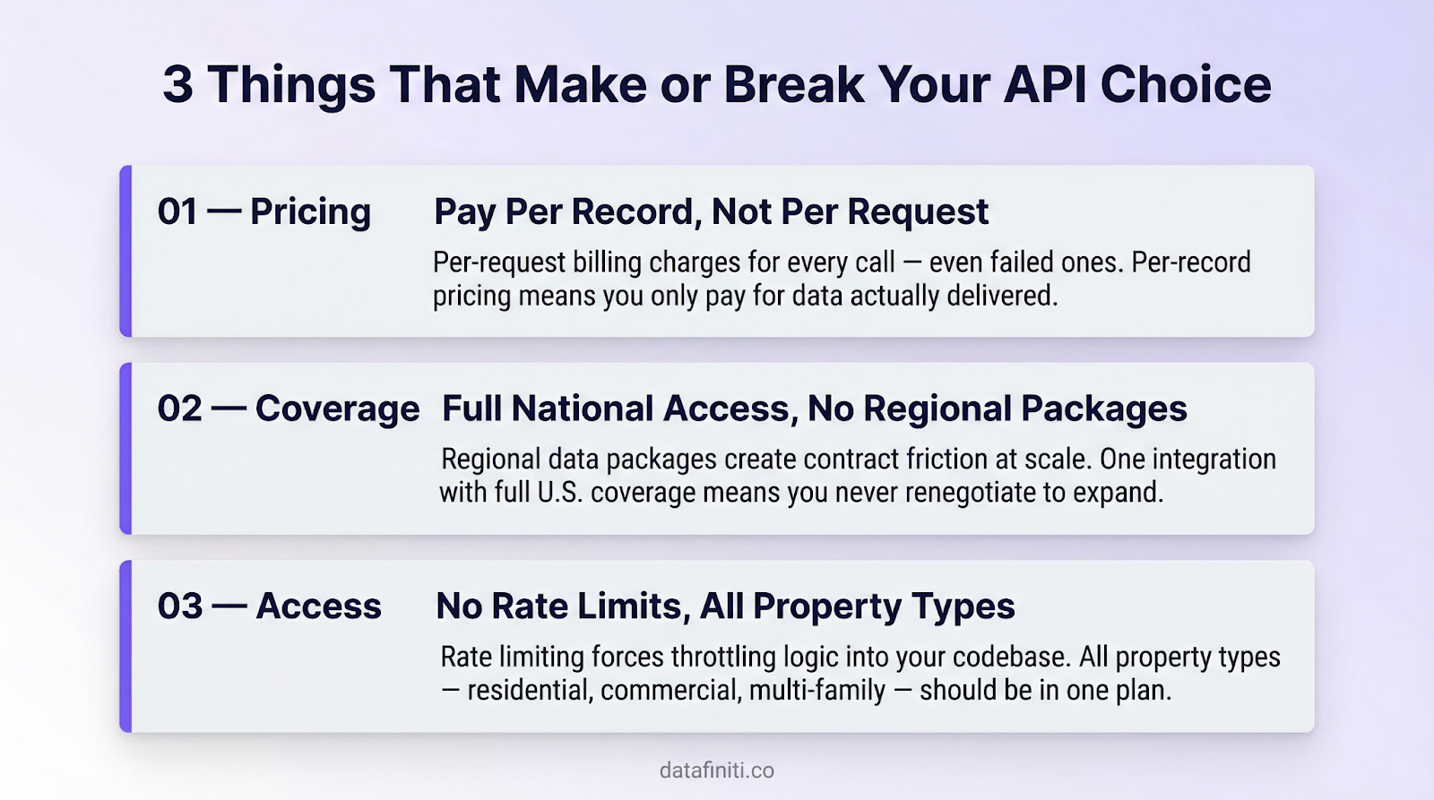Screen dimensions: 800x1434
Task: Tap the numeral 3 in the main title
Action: [177, 85]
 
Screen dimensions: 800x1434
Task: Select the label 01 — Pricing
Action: [264, 212]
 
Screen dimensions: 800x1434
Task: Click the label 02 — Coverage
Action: [289, 409]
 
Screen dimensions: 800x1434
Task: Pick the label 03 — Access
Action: [270, 606]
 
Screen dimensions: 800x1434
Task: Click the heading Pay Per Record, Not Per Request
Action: [711, 212]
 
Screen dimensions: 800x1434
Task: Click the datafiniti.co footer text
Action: [716, 770]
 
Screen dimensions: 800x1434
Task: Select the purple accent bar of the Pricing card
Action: [126, 252]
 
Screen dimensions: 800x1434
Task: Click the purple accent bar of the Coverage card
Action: [126, 449]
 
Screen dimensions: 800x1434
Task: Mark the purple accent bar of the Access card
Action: [126, 647]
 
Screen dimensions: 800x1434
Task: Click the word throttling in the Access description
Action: [723, 658]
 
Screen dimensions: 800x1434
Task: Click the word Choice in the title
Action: [1185, 85]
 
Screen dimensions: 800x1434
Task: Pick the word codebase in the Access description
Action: [1010, 658]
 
